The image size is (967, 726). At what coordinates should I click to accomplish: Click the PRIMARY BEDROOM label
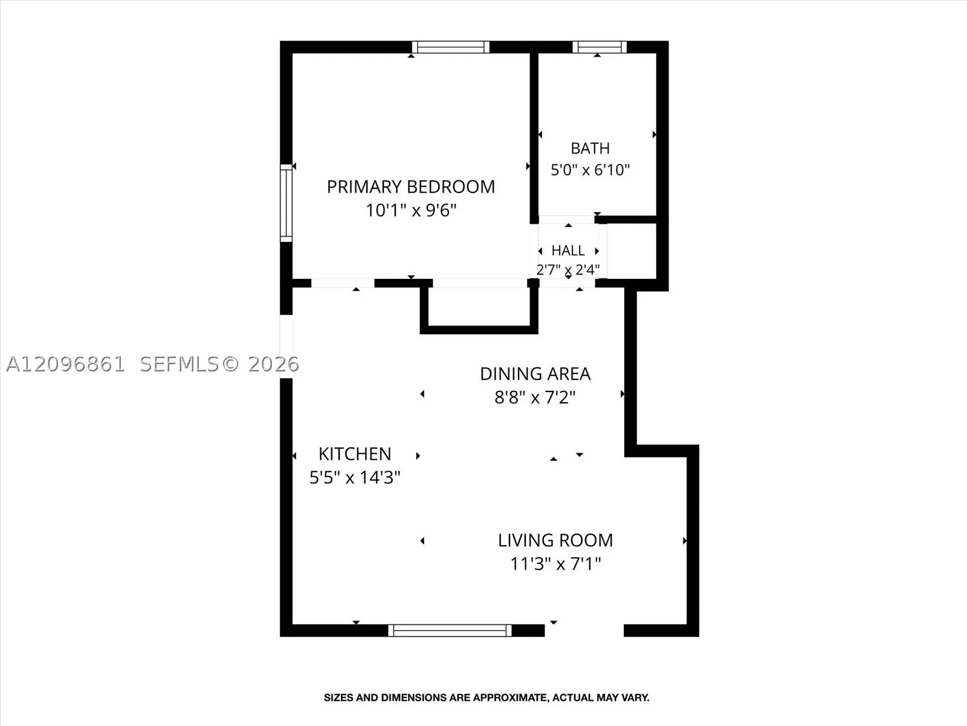[410, 187]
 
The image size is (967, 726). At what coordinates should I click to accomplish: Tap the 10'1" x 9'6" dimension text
[411, 211]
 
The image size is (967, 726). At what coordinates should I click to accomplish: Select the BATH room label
[590, 149]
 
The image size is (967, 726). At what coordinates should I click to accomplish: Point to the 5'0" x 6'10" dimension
[590, 170]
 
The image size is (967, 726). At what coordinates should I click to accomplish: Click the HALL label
[568, 251]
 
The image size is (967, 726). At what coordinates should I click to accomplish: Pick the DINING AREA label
[535, 374]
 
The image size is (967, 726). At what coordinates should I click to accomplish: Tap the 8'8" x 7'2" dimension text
[535, 397]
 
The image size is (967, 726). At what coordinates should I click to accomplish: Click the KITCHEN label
[355, 454]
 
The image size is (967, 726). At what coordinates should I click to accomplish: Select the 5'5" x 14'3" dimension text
[355, 477]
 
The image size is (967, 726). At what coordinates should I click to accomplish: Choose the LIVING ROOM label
[555, 540]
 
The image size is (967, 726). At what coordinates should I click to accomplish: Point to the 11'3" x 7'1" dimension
[555, 564]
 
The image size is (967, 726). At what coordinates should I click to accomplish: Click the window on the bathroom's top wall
[600, 47]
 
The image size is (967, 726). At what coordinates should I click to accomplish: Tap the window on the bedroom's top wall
[451, 47]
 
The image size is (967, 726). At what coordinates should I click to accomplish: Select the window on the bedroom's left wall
[286, 203]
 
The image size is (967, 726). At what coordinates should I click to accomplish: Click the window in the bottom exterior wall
[450, 630]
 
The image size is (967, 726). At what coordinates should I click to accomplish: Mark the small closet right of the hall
[632, 251]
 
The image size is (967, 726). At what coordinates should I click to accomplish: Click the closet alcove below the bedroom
[479, 307]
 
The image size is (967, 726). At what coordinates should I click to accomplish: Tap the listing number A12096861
[66, 365]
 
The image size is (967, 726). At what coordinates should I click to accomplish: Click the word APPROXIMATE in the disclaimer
[510, 698]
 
